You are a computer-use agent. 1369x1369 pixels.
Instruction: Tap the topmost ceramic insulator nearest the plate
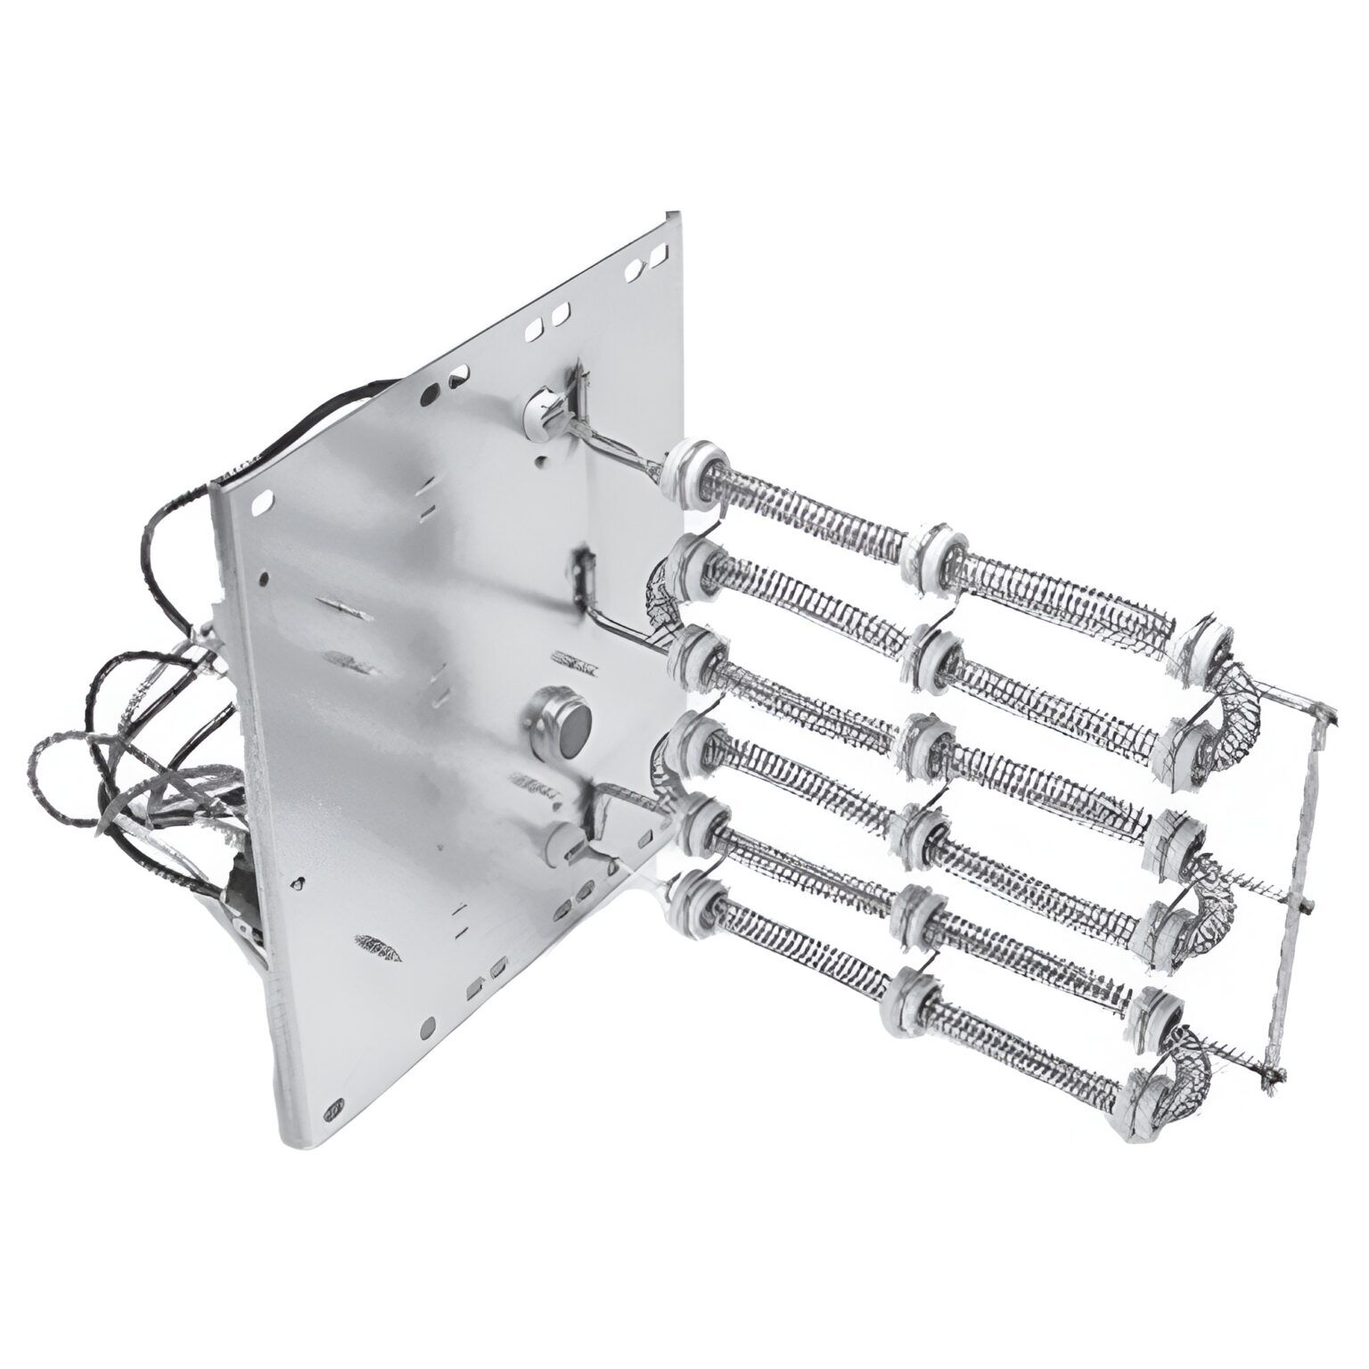pyautogui.click(x=700, y=468)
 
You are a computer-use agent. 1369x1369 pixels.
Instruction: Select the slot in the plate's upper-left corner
pyautogui.click(x=262, y=504)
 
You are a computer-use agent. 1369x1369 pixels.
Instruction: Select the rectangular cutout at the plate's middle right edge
pyautogui.click(x=586, y=568)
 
